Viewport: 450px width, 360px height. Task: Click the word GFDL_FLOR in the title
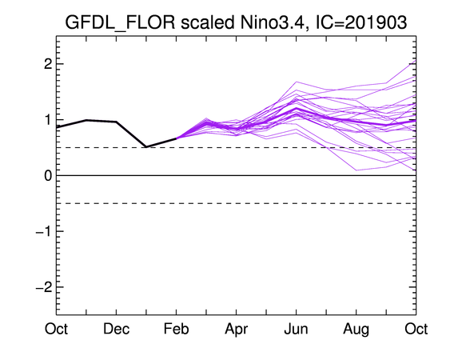tap(120, 22)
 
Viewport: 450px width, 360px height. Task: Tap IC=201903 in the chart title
tap(361, 22)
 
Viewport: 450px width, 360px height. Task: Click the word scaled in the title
tap(208, 22)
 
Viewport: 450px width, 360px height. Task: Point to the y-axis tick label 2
tap(48, 64)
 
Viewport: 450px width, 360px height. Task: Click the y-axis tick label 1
tap(49, 120)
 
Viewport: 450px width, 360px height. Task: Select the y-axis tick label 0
tap(48, 175)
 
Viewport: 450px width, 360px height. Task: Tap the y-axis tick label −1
tap(44, 231)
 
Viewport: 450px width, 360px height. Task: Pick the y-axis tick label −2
tap(44, 287)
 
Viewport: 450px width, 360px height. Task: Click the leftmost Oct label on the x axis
tap(56, 329)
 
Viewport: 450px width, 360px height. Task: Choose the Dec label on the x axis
tap(116, 329)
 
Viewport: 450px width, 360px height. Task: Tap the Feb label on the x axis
tap(176, 329)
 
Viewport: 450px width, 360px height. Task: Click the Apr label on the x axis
tap(237, 330)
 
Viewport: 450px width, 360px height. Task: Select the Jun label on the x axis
tap(296, 329)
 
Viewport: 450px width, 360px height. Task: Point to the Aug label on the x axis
tap(356, 330)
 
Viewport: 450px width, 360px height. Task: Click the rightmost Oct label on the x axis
tap(416, 329)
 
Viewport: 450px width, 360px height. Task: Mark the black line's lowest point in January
tap(146, 147)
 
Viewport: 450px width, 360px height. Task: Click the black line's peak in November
tap(86, 120)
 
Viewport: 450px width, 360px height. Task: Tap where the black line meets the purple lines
tap(176, 138)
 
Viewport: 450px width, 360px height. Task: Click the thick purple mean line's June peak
tap(297, 108)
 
